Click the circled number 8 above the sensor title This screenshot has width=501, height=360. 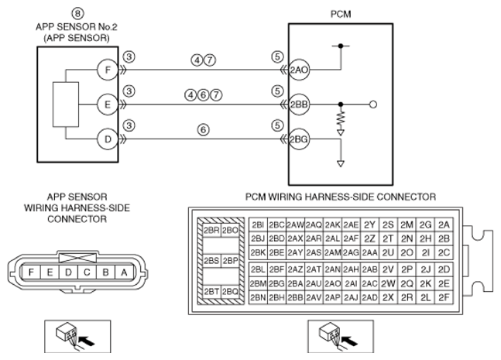[x=77, y=14]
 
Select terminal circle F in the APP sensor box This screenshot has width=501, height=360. [x=108, y=70]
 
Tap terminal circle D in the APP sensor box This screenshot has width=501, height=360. [x=108, y=139]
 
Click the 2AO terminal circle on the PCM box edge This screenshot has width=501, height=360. [x=299, y=70]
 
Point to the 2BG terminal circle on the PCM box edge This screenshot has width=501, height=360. [x=299, y=139]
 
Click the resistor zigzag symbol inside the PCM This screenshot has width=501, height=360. [x=341, y=118]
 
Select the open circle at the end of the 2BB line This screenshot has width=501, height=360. [x=373, y=105]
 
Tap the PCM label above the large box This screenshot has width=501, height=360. [x=341, y=15]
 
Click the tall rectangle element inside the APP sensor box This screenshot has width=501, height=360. [x=66, y=105]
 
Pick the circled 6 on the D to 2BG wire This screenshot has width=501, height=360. [x=203, y=130]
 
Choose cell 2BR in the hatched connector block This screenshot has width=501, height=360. [x=211, y=230]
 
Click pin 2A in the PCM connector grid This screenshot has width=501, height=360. [x=444, y=225]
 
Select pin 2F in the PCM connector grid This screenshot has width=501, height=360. [x=444, y=298]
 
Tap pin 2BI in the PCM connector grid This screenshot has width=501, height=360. [x=258, y=225]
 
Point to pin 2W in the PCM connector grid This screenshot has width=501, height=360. [x=388, y=283]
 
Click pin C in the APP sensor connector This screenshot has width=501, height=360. [x=87, y=273]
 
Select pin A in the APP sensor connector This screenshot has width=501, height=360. [x=125, y=273]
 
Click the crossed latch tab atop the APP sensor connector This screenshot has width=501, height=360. [x=77, y=258]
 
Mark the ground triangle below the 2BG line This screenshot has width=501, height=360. [x=341, y=164]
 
